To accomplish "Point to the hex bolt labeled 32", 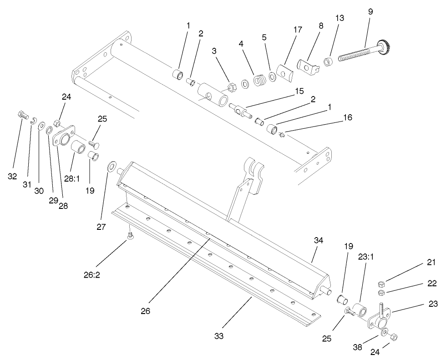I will click(x=21, y=114).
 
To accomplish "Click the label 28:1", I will click(x=71, y=179).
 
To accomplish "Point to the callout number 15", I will click(x=299, y=91).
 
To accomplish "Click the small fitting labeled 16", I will click(x=283, y=134).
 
